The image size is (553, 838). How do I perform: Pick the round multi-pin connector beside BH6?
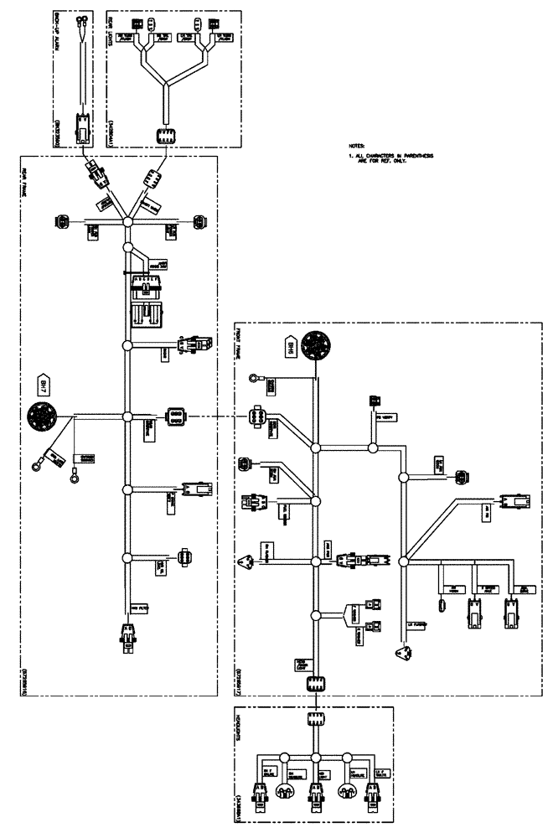coord(317,345)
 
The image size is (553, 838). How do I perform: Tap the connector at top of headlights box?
coord(316,719)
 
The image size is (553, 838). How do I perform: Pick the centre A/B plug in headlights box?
coord(316,793)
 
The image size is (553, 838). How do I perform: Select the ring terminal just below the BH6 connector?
coord(252,380)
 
